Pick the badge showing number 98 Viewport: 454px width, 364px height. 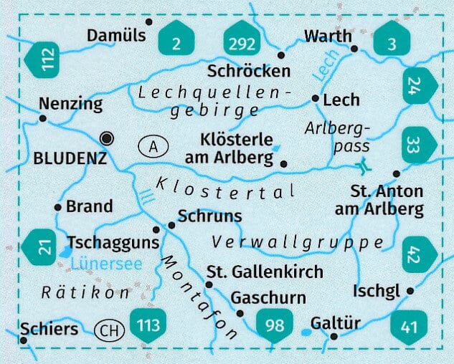tap(275, 325)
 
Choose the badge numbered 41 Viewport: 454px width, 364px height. tap(409, 327)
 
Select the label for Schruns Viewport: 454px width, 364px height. tap(210, 216)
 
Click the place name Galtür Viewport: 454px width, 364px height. tap(336, 323)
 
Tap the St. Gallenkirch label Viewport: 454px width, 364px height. tap(265, 272)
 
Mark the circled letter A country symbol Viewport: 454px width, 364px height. tap(153, 147)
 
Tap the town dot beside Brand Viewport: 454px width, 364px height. tap(58, 206)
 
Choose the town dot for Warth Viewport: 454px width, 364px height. tap(355, 49)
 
